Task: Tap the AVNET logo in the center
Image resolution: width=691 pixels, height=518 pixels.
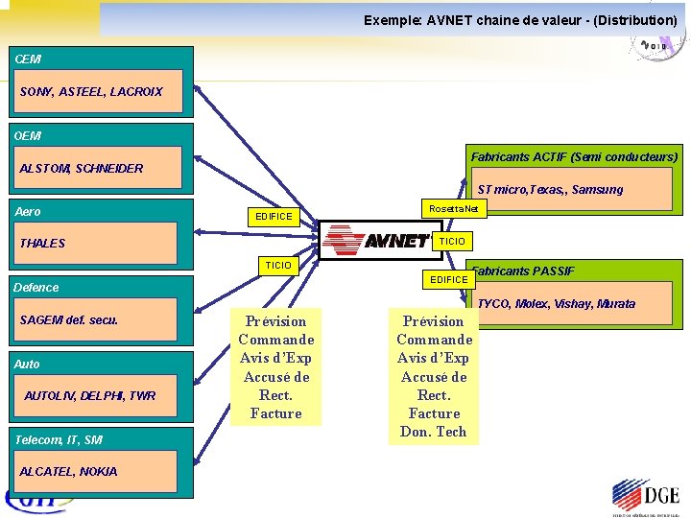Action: point(376,241)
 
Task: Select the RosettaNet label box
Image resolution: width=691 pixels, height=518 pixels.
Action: point(453,208)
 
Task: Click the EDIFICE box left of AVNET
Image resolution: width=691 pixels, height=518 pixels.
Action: point(274,217)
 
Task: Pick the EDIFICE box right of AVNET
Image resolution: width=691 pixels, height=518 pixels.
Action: point(449,279)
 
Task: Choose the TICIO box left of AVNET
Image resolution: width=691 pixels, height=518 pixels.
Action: point(278,265)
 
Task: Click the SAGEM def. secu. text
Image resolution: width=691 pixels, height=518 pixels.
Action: point(69,320)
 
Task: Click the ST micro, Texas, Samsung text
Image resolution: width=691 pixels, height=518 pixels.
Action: point(550,190)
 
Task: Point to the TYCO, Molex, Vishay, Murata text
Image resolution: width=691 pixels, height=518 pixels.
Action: point(556,304)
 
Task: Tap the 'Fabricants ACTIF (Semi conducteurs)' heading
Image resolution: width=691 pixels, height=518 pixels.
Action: point(574,156)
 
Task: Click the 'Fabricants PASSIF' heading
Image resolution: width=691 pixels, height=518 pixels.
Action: point(523,271)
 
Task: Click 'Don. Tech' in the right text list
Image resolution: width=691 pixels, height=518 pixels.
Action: point(434,432)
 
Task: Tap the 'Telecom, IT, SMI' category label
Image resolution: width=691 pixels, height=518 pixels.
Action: point(59,440)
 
